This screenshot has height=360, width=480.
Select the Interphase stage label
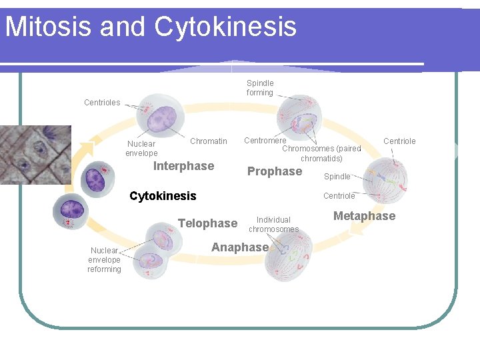point(183,166)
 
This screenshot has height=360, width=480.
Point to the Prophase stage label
point(274,171)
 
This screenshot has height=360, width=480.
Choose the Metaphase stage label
point(364,216)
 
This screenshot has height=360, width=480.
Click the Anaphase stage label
point(240,247)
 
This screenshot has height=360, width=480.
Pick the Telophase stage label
point(207,223)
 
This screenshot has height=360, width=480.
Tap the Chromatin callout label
point(208,141)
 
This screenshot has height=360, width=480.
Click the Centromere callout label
point(265,141)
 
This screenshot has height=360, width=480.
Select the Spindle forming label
point(260,88)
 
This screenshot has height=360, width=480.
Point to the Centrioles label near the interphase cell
point(102,103)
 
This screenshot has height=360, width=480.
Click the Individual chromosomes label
point(273,225)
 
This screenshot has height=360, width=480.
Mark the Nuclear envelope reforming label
point(105,260)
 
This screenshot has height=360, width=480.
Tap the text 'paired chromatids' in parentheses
point(330,154)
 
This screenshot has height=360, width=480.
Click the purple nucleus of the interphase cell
point(161,119)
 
